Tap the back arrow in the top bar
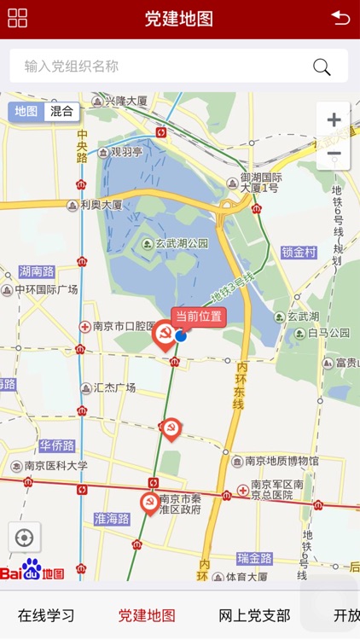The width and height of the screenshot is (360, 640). click(x=340, y=18)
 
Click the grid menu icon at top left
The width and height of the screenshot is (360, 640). click(x=17, y=18)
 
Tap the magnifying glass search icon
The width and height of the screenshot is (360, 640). click(x=322, y=67)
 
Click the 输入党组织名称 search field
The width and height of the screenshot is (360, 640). click(x=162, y=67)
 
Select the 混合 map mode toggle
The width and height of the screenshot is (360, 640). click(x=61, y=111)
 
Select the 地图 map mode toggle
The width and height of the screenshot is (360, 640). click(x=26, y=111)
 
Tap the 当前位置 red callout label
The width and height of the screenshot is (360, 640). click(x=199, y=317)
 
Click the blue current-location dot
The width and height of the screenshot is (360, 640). click(x=181, y=336)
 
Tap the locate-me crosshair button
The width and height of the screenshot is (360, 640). click(x=24, y=538)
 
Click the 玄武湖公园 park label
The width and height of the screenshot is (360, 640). click(x=182, y=243)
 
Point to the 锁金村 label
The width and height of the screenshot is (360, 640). click(x=299, y=253)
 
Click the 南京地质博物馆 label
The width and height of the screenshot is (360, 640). click(x=281, y=461)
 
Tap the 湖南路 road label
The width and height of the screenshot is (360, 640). click(x=37, y=271)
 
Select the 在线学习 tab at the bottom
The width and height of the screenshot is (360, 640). click(x=46, y=615)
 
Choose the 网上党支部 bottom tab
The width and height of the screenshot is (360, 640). click(x=254, y=615)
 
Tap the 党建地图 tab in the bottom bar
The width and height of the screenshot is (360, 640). click(x=147, y=615)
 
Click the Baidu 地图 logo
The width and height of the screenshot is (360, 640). click(x=32, y=570)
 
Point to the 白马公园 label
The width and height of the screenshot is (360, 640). click(x=328, y=333)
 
